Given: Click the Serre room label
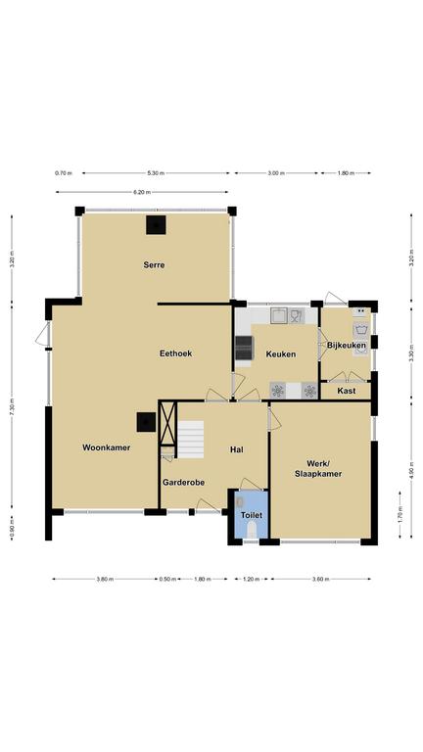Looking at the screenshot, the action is [x=154, y=264].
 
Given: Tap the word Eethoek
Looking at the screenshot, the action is [x=175, y=353].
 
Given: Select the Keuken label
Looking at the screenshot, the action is [x=281, y=354].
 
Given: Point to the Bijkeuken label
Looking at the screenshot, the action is [x=347, y=346].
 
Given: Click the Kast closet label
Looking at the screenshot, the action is [x=347, y=391].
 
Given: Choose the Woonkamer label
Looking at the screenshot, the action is [x=107, y=447].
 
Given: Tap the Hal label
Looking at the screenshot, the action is [x=236, y=449].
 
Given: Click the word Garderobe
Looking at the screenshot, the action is [x=184, y=483].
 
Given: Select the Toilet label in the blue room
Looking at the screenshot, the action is [x=252, y=515].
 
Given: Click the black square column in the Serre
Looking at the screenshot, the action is [x=156, y=225].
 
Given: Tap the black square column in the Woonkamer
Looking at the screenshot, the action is [x=146, y=422].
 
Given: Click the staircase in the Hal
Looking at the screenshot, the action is [x=191, y=440].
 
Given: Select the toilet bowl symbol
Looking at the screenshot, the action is [x=252, y=530].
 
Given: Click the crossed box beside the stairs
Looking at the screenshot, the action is [x=167, y=423].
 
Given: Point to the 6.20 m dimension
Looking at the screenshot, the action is [x=142, y=192].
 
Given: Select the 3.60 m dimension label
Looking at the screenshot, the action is [x=321, y=580].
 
